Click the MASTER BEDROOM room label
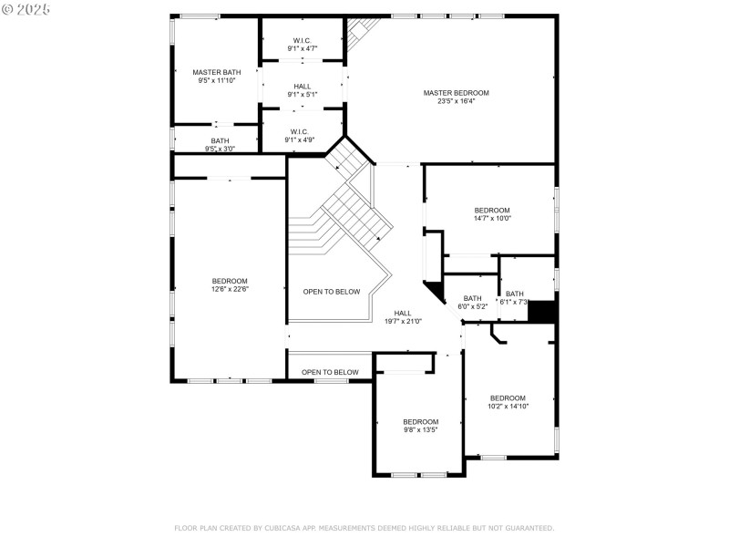coord(456,93)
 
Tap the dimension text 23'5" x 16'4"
coord(456,101)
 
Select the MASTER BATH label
coord(216,72)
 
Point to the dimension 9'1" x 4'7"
coord(302,48)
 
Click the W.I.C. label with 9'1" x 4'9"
coord(302,131)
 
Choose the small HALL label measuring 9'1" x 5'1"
coord(302,86)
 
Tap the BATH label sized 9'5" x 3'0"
coord(221,140)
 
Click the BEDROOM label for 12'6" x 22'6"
coord(230,281)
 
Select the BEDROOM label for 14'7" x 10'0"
coord(492,210)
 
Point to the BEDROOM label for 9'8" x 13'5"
coord(421,421)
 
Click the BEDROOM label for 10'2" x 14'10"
coord(508,397)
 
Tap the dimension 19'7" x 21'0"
coord(403,321)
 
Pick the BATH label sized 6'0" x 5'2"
coord(472,298)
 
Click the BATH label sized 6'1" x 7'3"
coord(515,294)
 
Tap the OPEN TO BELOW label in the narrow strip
coord(330,372)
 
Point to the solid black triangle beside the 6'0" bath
coord(435,291)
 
